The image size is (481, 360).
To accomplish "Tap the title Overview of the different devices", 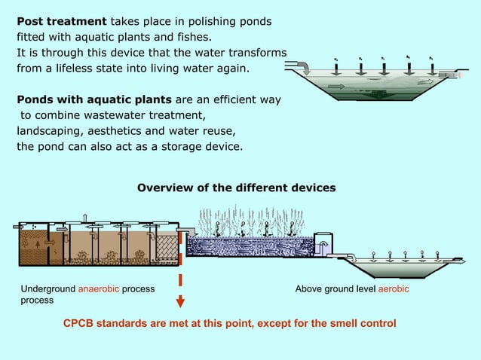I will coord(236,187).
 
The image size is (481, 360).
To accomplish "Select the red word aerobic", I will coord(393,289).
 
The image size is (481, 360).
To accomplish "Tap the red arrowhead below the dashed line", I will coord(180,304).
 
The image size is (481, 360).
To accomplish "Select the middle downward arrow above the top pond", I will coord(383,65).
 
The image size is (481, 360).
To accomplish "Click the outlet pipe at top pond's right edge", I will coord(457,75).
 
